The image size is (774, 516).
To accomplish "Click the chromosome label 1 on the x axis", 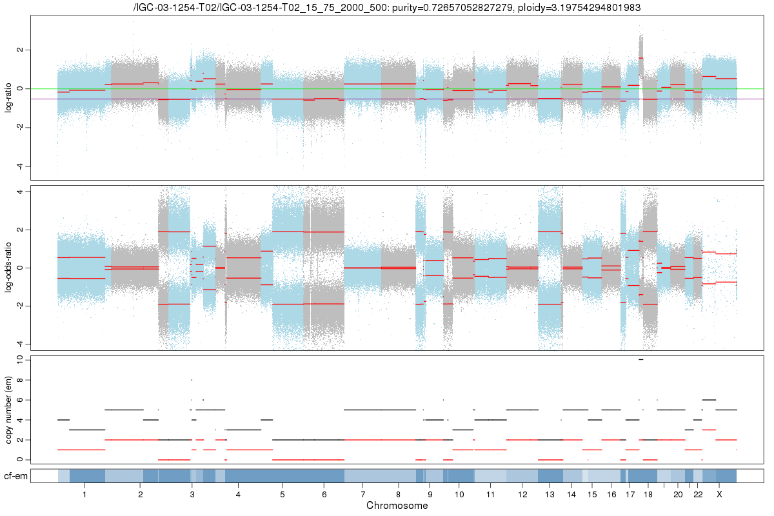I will pos(84,494).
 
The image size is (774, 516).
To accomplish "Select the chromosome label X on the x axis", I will pos(719,494).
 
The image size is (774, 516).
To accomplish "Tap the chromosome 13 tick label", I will pos(550,494).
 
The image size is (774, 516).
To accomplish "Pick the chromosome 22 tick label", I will pos(698,494).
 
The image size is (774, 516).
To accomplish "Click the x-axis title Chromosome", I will pos(397,506).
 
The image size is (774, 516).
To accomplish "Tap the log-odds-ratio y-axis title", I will pos(9,268).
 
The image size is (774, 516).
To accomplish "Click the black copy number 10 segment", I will pos(640,359).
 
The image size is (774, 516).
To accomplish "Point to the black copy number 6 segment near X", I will pos(709,400).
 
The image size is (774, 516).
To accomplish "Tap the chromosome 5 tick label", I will pos(282,494).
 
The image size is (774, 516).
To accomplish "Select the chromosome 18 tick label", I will pos(648,494).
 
